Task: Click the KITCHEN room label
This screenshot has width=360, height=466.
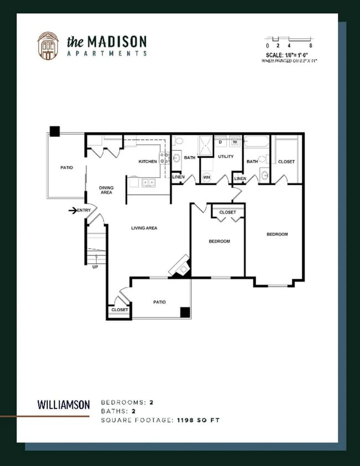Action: (x=148, y=161)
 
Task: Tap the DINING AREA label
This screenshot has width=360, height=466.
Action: (x=106, y=190)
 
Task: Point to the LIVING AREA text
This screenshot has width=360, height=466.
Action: (x=145, y=228)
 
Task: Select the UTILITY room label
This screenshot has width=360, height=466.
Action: (x=225, y=157)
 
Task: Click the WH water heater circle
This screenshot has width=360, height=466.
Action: (x=207, y=178)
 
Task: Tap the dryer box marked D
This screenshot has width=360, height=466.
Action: (x=220, y=142)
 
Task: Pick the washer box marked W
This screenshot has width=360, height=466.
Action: (x=234, y=142)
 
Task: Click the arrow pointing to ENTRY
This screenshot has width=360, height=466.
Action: (x=72, y=210)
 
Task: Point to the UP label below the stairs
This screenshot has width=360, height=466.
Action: (x=95, y=267)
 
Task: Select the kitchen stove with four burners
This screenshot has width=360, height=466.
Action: (x=164, y=158)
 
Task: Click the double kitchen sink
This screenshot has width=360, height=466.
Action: (x=148, y=182)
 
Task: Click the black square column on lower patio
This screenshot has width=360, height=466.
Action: (x=185, y=313)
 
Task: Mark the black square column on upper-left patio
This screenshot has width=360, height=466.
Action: (x=55, y=131)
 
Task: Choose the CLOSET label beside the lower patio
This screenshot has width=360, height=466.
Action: (x=120, y=310)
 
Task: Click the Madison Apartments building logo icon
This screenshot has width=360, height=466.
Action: (x=48, y=45)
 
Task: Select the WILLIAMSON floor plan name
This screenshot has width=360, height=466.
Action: (x=63, y=404)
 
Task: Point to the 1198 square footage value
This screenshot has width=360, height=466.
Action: (x=187, y=421)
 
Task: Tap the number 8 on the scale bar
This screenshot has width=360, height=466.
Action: (x=311, y=45)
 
